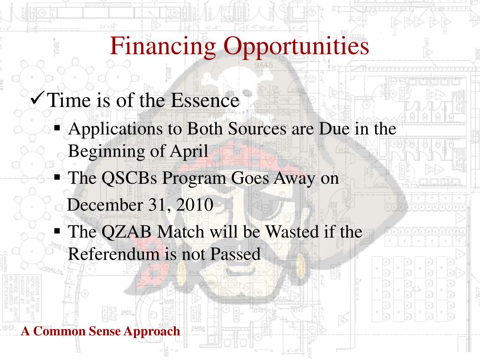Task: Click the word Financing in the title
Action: tap(163, 46)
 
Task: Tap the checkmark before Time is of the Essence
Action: tap(37, 98)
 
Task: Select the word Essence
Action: tap(205, 100)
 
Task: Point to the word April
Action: tap(189, 151)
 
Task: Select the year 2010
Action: tap(195, 205)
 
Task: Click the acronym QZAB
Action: tap(126, 232)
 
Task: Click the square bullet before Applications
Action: tap(57, 127)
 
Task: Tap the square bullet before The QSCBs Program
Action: tap(57, 177)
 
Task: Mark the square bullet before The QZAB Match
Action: tap(57, 230)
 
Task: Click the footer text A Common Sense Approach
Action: tap(101, 331)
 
